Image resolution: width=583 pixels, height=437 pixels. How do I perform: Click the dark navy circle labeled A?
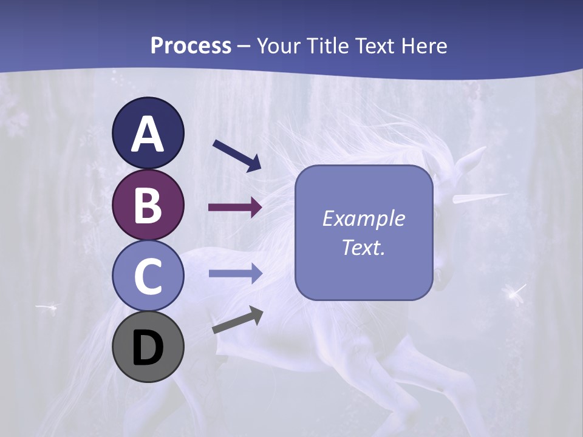148,133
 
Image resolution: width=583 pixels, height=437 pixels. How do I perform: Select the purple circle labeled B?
148,205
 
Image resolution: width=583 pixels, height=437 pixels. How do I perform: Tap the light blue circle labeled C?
148,276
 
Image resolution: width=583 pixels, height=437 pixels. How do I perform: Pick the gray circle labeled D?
148,347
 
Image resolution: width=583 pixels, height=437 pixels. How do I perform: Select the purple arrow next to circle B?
235,208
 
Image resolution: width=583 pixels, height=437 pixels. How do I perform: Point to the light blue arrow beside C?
235,274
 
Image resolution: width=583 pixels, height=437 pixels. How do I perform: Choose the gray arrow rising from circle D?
237,320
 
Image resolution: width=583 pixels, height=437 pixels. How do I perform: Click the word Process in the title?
191,46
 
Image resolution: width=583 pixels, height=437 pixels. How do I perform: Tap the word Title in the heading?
327,46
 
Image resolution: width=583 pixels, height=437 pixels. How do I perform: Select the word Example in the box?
363,218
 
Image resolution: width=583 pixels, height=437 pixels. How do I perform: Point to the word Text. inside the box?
363,248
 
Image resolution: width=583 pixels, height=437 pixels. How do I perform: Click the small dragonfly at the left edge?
46,307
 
